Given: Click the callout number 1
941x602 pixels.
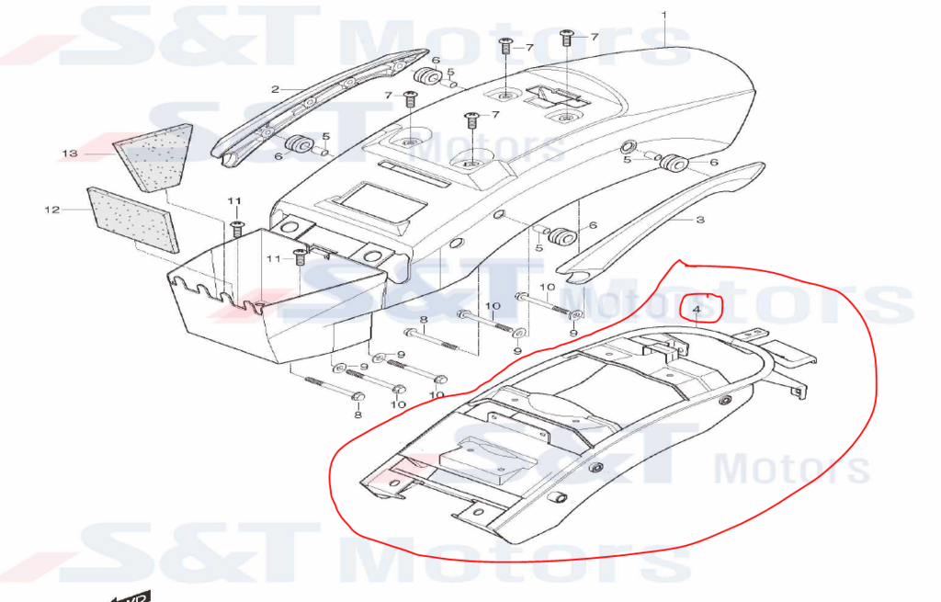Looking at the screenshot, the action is click(x=663, y=15).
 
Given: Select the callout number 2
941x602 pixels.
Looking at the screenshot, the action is click(x=276, y=89).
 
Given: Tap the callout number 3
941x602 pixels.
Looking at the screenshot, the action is click(x=699, y=220).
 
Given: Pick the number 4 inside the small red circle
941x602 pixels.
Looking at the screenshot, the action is click(x=697, y=310).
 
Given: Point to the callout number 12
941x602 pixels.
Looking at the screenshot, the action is click(x=52, y=210).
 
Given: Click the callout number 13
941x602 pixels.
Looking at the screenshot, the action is click(x=70, y=153).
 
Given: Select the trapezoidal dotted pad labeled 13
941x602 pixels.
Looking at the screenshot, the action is click(x=153, y=157).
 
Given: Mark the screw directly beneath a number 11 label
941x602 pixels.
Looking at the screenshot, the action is click(x=236, y=229).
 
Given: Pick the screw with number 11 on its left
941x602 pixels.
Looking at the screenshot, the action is click(x=300, y=257).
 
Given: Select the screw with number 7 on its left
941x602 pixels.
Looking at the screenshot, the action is click(x=410, y=98).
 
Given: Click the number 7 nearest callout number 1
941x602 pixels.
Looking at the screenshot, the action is click(x=594, y=37).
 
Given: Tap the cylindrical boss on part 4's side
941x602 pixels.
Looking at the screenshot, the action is click(x=556, y=498).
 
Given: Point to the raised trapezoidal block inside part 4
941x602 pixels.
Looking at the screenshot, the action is click(x=487, y=460).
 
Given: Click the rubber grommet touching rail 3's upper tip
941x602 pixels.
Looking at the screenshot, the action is click(x=674, y=163).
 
